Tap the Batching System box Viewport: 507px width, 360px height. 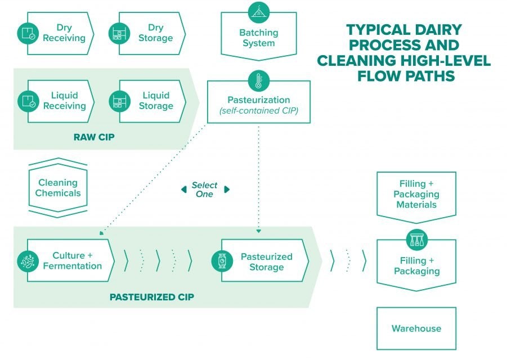tap(258, 38)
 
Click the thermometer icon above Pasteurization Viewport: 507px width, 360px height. tap(258, 80)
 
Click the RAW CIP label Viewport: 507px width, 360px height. tap(94, 137)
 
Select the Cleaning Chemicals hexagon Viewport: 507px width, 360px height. tap(58, 188)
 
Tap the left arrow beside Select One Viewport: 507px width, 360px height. tap(183, 189)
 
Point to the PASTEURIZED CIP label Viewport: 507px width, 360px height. tap(151, 296)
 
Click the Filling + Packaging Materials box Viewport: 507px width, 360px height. tap(416, 194)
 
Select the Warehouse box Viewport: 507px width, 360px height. tap(416, 328)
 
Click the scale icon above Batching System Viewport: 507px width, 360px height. tap(258, 12)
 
